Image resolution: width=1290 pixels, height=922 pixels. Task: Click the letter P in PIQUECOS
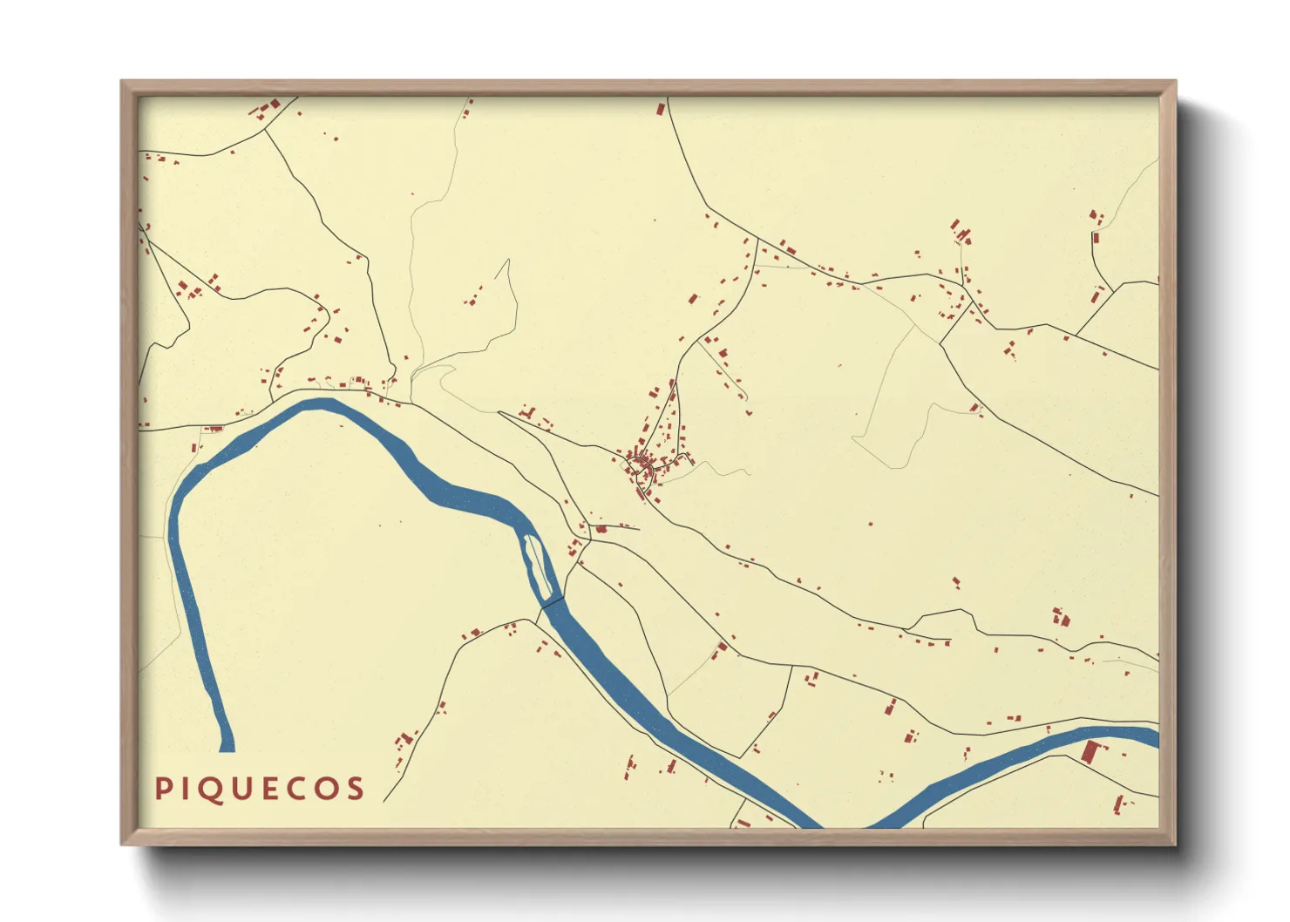[x=162, y=790]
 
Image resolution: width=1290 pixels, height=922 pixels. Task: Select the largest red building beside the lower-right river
[x=1090, y=751]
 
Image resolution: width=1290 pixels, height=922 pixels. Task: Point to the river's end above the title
[x=227, y=746]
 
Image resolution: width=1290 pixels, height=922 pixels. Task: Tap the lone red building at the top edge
[x=661, y=109]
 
